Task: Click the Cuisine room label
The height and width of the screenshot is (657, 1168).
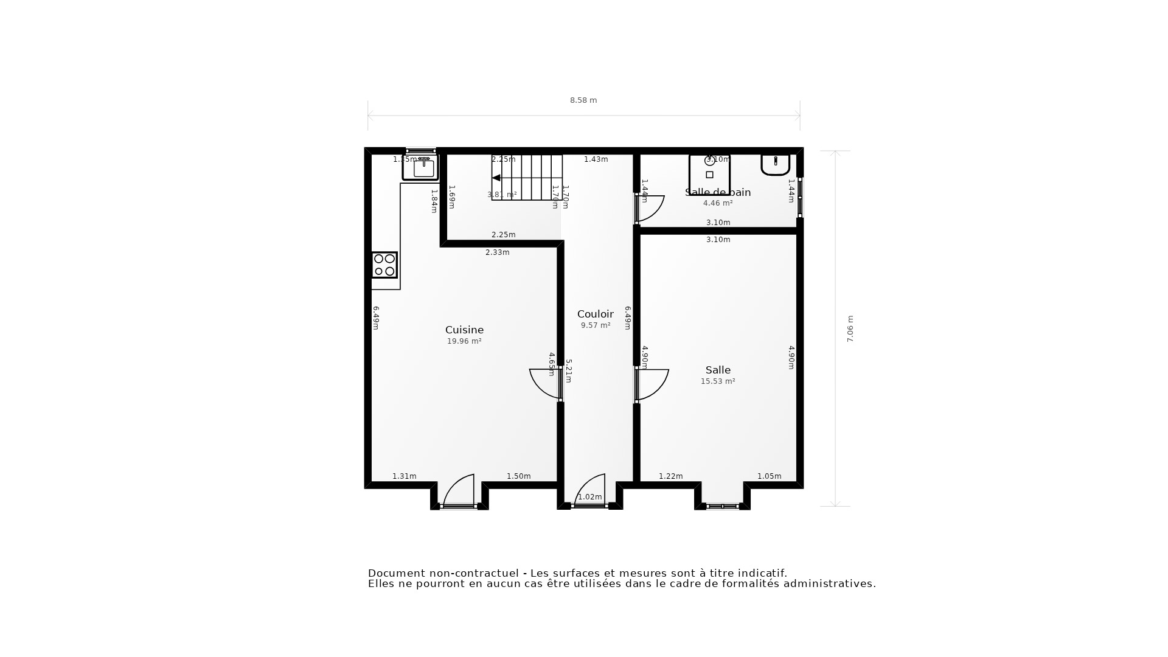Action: click(x=464, y=330)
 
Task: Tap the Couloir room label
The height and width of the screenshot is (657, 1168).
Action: click(x=595, y=314)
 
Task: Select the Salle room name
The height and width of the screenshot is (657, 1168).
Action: click(x=718, y=370)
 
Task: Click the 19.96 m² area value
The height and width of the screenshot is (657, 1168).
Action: click(x=464, y=341)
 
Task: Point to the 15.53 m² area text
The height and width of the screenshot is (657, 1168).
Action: click(x=718, y=381)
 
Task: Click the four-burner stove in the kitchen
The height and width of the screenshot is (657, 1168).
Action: click(x=384, y=265)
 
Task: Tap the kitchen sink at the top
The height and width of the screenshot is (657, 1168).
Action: click(x=421, y=167)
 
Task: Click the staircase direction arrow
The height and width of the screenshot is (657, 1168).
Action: click(x=496, y=178)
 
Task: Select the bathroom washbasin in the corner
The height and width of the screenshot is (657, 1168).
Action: click(x=775, y=164)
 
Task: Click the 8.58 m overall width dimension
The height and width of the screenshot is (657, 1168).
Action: click(x=583, y=100)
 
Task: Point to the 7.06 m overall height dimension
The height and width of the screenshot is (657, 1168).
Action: click(x=850, y=328)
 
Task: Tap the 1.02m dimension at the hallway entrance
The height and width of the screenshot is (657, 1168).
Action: click(x=589, y=497)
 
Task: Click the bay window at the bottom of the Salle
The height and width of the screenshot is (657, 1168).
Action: click(x=722, y=506)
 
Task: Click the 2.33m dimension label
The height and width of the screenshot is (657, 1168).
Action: click(x=497, y=252)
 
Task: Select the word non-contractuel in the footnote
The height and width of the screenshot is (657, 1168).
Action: click(x=474, y=573)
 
